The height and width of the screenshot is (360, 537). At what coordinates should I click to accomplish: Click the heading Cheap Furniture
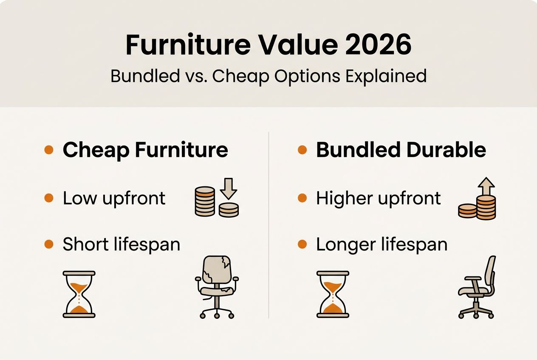coord(145,150)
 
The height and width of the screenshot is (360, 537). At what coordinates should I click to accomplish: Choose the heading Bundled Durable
coord(401,150)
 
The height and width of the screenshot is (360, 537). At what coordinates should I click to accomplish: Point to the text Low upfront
coord(114,198)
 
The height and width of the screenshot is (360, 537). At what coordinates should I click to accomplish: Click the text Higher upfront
coord(379,198)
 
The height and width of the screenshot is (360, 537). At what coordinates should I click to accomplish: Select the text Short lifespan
coord(122,245)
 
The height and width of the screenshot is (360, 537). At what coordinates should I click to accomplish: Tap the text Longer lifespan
coord(382,245)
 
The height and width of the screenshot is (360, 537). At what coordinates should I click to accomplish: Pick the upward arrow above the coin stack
coord(486,186)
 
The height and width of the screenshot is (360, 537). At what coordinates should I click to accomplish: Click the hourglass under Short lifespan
coord(79,294)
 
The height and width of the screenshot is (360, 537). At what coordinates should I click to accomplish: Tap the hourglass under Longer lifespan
coord(333,294)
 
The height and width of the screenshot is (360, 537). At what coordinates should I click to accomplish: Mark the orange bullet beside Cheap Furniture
coord(49,150)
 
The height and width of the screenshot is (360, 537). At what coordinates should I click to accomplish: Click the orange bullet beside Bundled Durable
coord(302,150)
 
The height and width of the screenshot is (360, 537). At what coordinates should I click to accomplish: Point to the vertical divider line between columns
coord(269,225)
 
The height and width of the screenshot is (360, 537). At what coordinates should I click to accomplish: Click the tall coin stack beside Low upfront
coord(205,201)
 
